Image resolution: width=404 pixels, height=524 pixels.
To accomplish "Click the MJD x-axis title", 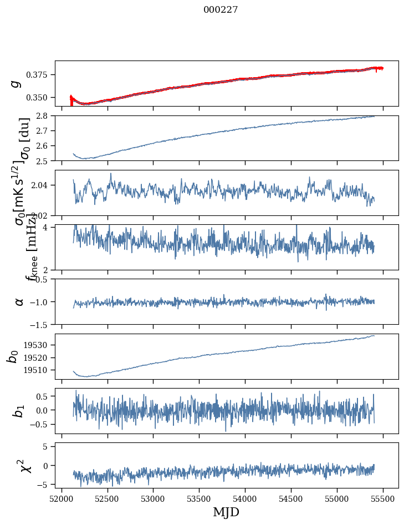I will click(226, 512).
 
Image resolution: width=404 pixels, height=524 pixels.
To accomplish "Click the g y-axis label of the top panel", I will click(16, 83).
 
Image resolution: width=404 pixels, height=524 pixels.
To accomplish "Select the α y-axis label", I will click(19, 301).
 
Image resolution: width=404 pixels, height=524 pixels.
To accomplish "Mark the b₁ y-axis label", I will click(19, 411).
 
